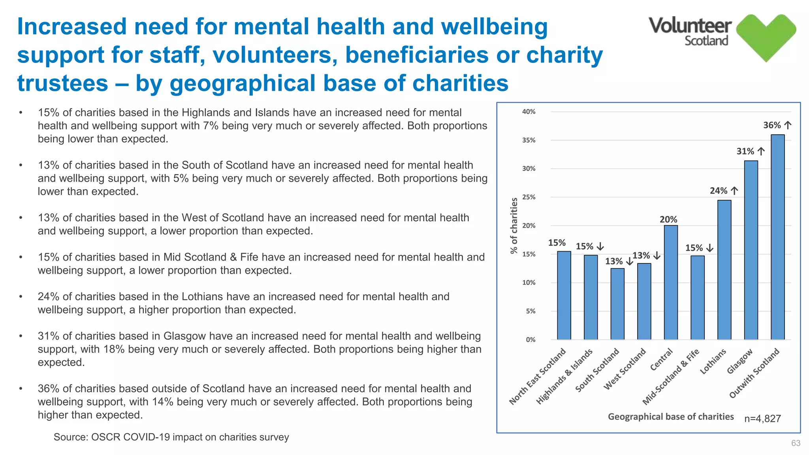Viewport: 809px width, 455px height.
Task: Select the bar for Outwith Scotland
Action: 777,237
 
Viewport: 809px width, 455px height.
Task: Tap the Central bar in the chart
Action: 671,282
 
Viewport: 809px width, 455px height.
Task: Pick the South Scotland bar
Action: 617,304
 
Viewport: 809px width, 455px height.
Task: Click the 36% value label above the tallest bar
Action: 772,125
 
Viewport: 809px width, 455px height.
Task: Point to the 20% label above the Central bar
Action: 668,219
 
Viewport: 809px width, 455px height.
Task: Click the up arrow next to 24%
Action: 734,191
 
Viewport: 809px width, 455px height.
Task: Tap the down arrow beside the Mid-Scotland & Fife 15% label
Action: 710,248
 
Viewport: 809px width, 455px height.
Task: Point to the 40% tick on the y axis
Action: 529,112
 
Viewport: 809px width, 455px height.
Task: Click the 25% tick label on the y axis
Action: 529,197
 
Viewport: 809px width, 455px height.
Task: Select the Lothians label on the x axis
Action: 713,361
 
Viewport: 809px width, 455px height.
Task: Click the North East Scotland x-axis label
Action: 538,377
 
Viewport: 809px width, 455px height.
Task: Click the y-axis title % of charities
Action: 514,226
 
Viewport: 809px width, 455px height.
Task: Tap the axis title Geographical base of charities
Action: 670,417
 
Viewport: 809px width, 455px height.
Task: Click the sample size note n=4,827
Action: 762,419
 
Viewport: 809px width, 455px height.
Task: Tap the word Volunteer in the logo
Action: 690,26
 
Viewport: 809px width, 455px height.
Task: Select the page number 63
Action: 796,443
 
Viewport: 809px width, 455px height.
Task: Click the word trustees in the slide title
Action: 62,83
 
